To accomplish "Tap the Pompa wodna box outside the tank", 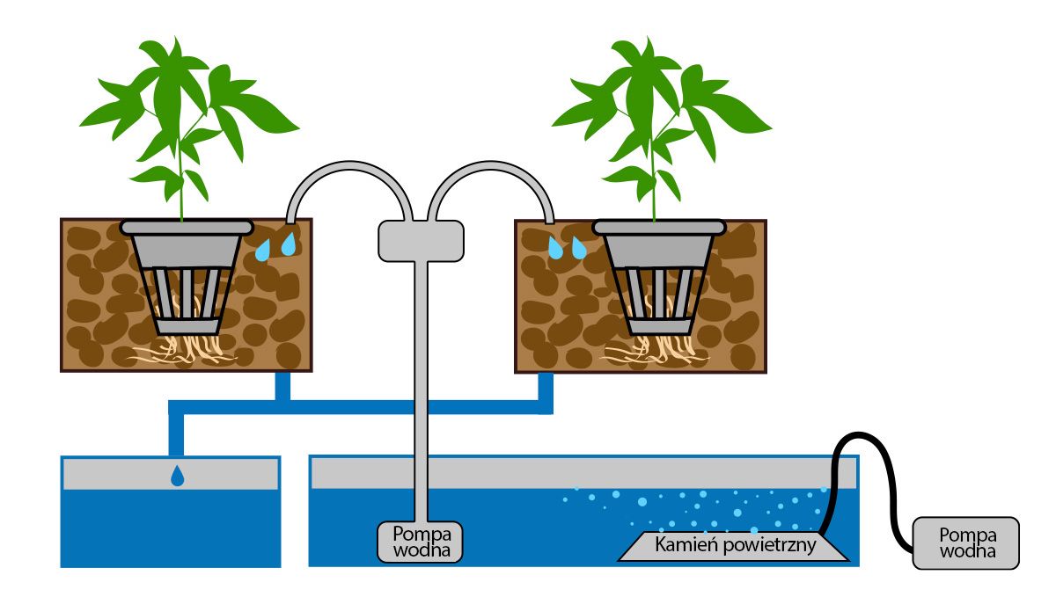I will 967,542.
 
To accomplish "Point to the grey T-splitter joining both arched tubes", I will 421,240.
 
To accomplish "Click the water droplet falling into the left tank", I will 178,476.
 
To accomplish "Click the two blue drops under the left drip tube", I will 275,247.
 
